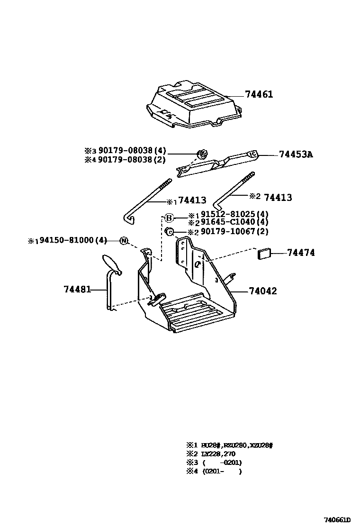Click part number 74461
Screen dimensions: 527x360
259,94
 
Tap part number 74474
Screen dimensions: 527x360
300,253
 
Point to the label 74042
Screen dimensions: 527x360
262,291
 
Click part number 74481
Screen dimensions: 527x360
77,289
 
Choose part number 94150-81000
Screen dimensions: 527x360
67,240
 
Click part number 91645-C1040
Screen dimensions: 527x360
228,222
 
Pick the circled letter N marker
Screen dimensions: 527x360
124,241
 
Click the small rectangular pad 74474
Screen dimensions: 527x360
264,254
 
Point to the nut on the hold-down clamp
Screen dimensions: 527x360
202,154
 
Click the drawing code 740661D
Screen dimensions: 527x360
340,519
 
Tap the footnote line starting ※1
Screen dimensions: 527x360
230,445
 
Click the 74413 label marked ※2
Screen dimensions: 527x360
278,197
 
